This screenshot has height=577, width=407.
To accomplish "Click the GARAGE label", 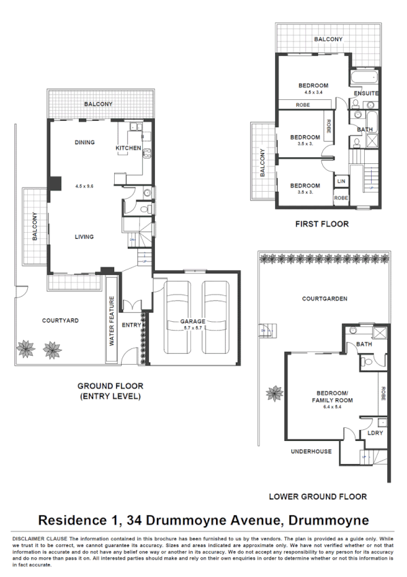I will (192, 320).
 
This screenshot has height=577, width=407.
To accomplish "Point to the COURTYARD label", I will (60, 320).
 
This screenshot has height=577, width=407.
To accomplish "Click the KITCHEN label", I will (128, 148).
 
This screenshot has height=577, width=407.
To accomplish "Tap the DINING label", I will (85, 142).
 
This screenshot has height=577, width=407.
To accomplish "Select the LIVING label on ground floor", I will (84, 237).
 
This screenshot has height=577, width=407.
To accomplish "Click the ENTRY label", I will (131, 325).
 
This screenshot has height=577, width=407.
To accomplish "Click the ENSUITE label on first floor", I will (366, 93).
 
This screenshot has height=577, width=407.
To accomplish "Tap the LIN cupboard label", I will (341, 181).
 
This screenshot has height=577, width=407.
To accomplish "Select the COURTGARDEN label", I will (325, 298).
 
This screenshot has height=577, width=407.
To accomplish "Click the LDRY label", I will (374, 433).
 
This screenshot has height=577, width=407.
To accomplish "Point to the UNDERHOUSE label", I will (311, 451).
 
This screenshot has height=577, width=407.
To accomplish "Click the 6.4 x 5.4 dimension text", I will (332, 406).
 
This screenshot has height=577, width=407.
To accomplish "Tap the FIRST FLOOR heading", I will (321, 223).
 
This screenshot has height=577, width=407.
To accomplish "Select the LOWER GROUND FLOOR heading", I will (317, 496).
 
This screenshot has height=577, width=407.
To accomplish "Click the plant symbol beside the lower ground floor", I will (275, 393).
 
